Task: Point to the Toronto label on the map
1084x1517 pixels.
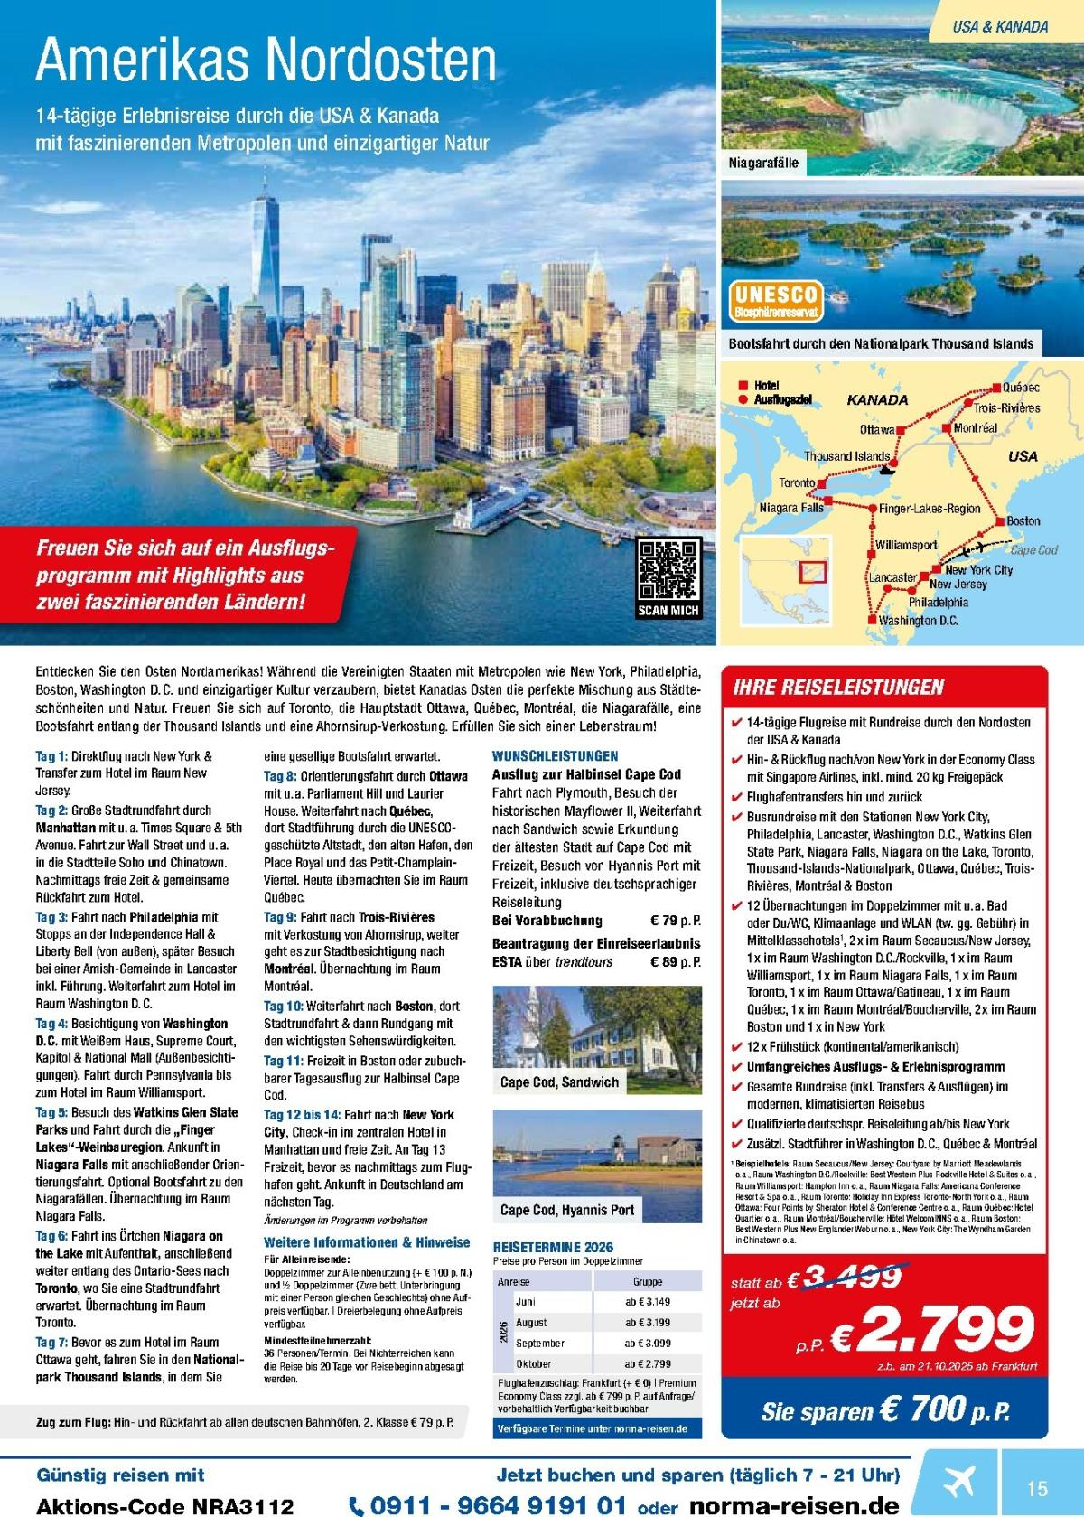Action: tap(798, 482)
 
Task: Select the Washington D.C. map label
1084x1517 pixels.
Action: tap(918, 621)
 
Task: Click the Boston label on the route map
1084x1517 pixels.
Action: tap(1023, 520)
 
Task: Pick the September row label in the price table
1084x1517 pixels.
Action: tap(540, 1343)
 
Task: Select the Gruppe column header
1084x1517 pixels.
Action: tap(648, 1281)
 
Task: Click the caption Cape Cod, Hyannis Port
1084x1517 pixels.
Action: tap(567, 1210)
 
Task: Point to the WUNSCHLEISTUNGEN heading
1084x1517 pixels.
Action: tap(555, 755)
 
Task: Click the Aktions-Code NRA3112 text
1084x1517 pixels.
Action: tap(164, 1505)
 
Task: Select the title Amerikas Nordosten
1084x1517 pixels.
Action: tap(266, 61)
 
